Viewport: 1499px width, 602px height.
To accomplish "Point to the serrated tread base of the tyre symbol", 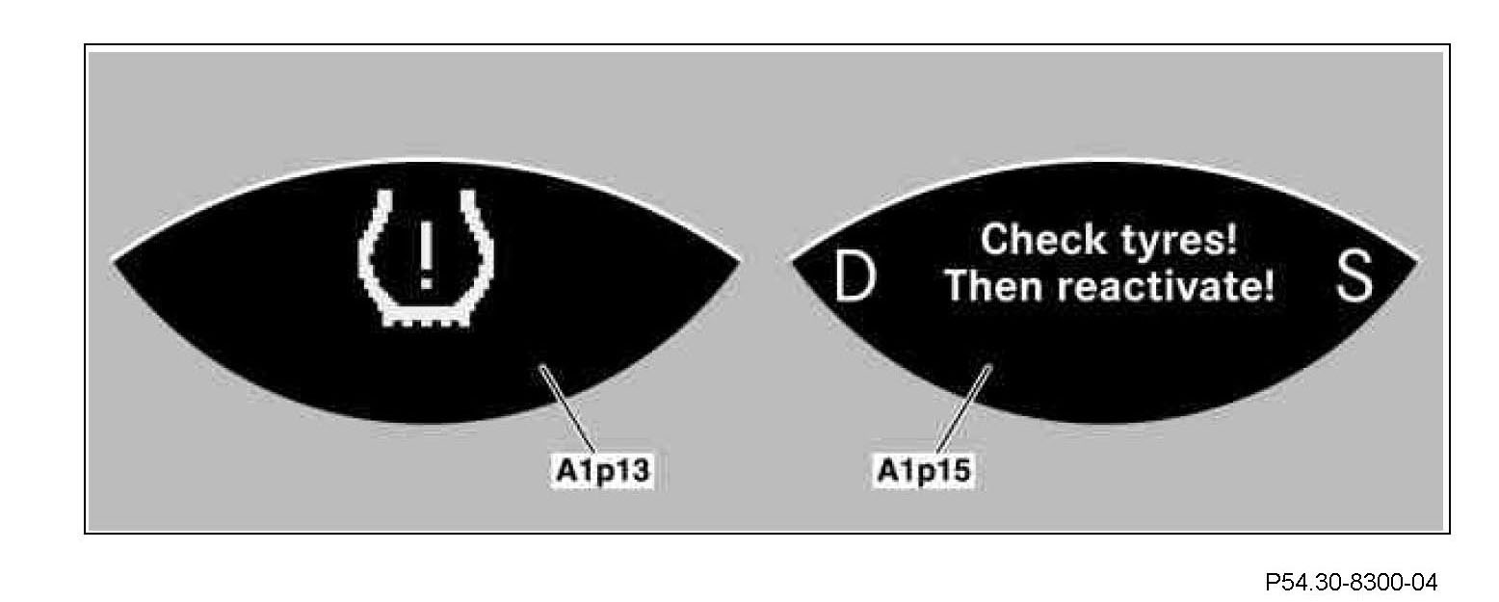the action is pyautogui.click(x=425, y=318).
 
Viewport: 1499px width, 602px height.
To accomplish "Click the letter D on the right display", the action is pyautogui.click(x=855, y=279).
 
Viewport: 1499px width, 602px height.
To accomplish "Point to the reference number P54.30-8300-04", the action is pyautogui.click(x=1352, y=582).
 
